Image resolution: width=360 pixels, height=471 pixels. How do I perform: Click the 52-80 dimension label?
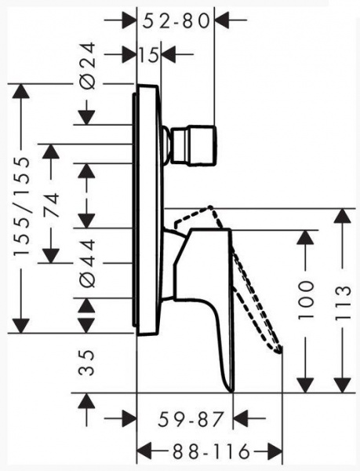tap(176, 21)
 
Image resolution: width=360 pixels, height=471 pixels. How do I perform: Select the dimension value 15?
tap(149, 55)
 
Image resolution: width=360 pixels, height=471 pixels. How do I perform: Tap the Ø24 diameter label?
tap(88, 66)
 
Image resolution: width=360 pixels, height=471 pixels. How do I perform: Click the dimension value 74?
tap(51, 205)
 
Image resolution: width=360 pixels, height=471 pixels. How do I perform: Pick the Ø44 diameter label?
tap(88, 264)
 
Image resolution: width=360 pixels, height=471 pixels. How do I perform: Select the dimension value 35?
tap(86, 363)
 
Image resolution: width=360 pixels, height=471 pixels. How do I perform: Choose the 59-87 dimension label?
tap(191, 419)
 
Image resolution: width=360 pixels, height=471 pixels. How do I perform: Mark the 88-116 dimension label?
tap(211, 451)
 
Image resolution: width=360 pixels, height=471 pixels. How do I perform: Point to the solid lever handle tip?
tap(231, 390)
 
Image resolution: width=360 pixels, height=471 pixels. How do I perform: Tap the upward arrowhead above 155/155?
tap(20, 91)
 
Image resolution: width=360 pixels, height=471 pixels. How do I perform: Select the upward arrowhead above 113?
tap(343, 215)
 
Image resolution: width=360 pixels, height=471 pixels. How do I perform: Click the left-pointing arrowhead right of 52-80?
tap(222, 20)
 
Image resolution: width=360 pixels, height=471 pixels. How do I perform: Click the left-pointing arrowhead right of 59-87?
tap(241, 418)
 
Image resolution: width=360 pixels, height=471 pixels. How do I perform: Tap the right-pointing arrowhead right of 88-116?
tap(275, 451)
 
